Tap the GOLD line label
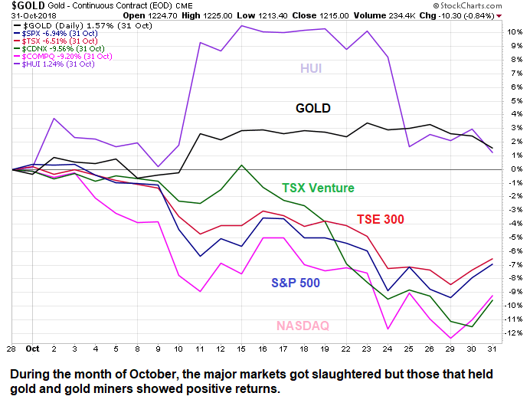click(313, 108)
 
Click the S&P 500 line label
click(306, 282)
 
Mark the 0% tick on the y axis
click(511, 169)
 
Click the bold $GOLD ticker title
click(18, 6)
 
